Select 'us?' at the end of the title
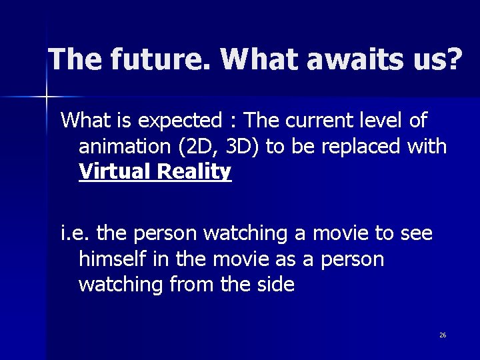pyautogui.click(x=437, y=59)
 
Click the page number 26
pyautogui.click(x=443, y=335)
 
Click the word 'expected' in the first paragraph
pyautogui.click(x=181, y=121)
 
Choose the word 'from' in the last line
pyautogui.click(x=193, y=285)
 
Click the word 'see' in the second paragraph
pyautogui.click(x=416, y=234)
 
